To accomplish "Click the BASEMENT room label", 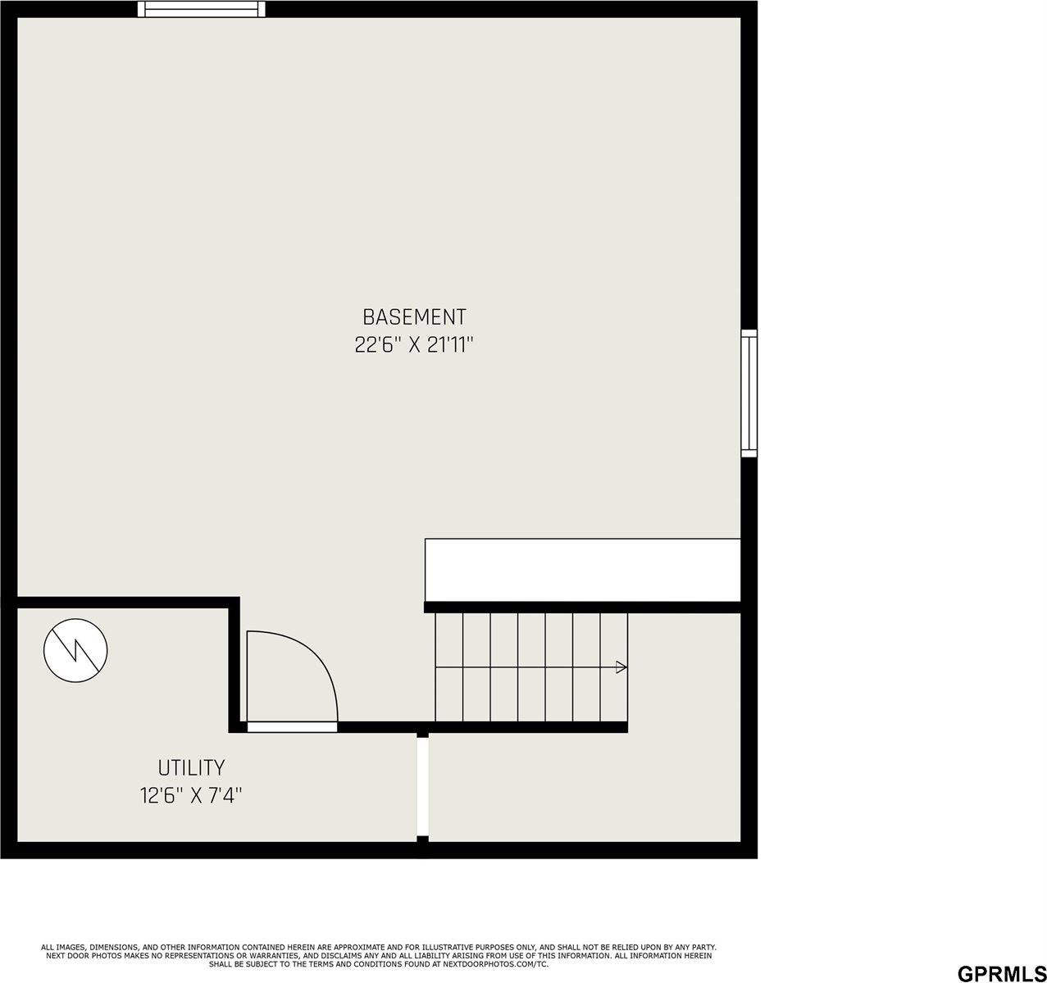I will tap(414, 316).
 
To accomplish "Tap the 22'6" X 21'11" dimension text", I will tap(414, 345).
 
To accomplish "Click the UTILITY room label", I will tap(191, 768).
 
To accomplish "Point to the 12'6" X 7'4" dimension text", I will tap(191, 796).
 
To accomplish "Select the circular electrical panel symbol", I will tap(75, 650).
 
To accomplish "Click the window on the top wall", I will tap(202, 9).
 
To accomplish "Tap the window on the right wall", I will tap(749, 393).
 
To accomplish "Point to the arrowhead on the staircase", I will tap(621, 667).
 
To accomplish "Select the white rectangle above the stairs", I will tap(582, 570).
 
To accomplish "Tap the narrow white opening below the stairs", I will tap(422, 785).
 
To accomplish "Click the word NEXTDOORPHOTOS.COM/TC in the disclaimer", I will tap(495, 964).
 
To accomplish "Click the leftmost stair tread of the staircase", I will tap(448, 667).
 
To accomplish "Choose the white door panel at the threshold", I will tap(292, 727).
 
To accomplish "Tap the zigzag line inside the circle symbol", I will tap(75, 650).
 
